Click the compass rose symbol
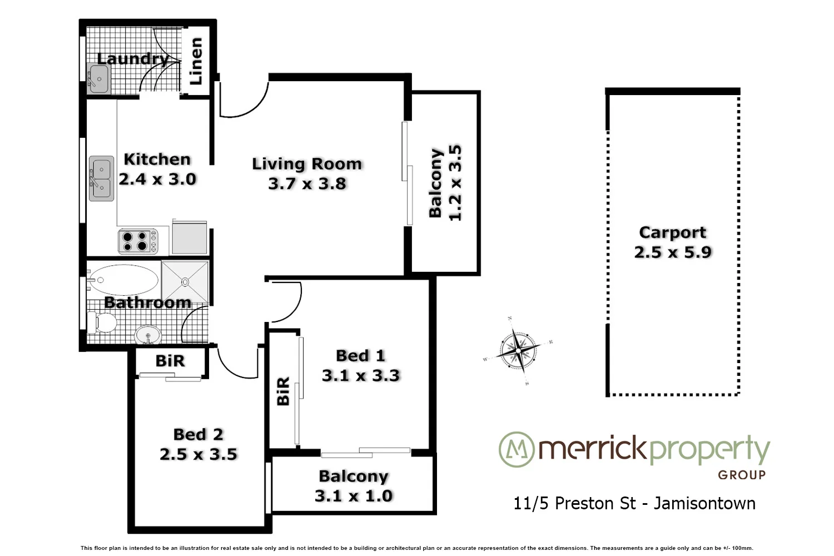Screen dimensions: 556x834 pyautogui.click(x=518, y=351)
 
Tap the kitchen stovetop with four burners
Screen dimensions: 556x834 pyautogui.click(x=137, y=241)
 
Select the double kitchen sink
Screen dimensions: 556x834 pyautogui.click(x=102, y=178)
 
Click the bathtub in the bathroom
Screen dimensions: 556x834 pyautogui.click(x=123, y=280)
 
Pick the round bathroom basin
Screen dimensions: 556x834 pyautogui.click(x=148, y=335)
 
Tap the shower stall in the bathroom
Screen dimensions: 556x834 pyautogui.click(x=185, y=282)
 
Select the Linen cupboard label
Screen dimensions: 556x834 pyautogui.click(x=196, y=61)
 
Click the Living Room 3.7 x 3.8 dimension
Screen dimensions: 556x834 pyautogui.click(x=307, y=183)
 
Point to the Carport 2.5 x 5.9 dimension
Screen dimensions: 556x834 pyautogui.click(x=673, y=252)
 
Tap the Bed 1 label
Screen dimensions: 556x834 pyautogui.click(x=360, y=356)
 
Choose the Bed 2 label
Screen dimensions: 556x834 pyautogui.click(x=198, y=434)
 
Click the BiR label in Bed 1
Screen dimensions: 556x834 pyautogui.click(x=283, y=391)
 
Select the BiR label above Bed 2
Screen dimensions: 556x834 pyautogui.click(x=170, y=361)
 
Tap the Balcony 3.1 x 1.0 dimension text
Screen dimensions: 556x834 pyautogui.click(x=354, y=495)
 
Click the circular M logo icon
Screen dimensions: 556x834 pyautogui.click(x=516, y=449)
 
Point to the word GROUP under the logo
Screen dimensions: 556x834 pyautogui.click(x=742, y=475)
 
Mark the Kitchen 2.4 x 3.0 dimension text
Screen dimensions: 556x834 pyautogui.click(x=157, y=179)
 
